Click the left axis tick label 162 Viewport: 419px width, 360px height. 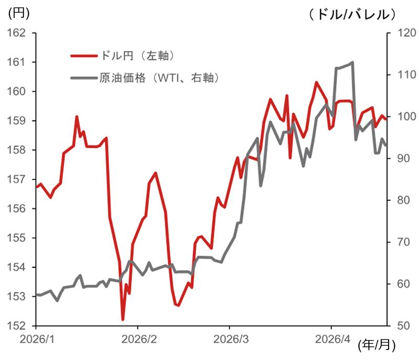pyautogui.click(x=18, y=33)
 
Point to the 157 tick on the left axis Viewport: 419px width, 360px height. pyautogui.click(x=18, y=179)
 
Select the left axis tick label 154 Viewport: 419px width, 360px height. pyautogui.click(x=18, y=267)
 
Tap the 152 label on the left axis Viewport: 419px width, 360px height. pyautogui.click(x=18, y=326)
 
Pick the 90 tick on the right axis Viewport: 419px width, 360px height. pyautogui.click(x=400, y=158)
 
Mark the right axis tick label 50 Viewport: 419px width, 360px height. pyautogui.click(x=400, y=326)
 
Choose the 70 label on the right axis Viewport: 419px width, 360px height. pyautogui.click(x=400, y=242)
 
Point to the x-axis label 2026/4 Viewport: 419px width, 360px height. pyautogui.click(x=332, y=339)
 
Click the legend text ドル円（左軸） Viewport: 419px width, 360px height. pyautogui.click(x=136, y=55)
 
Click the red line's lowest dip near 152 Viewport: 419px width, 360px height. pyautogui.click(x=123, y=319)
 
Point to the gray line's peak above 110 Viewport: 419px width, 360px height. pyautogui.click(x=352, y=62)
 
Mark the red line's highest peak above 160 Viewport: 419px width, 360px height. pyautogui.click(x=316, y=82)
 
